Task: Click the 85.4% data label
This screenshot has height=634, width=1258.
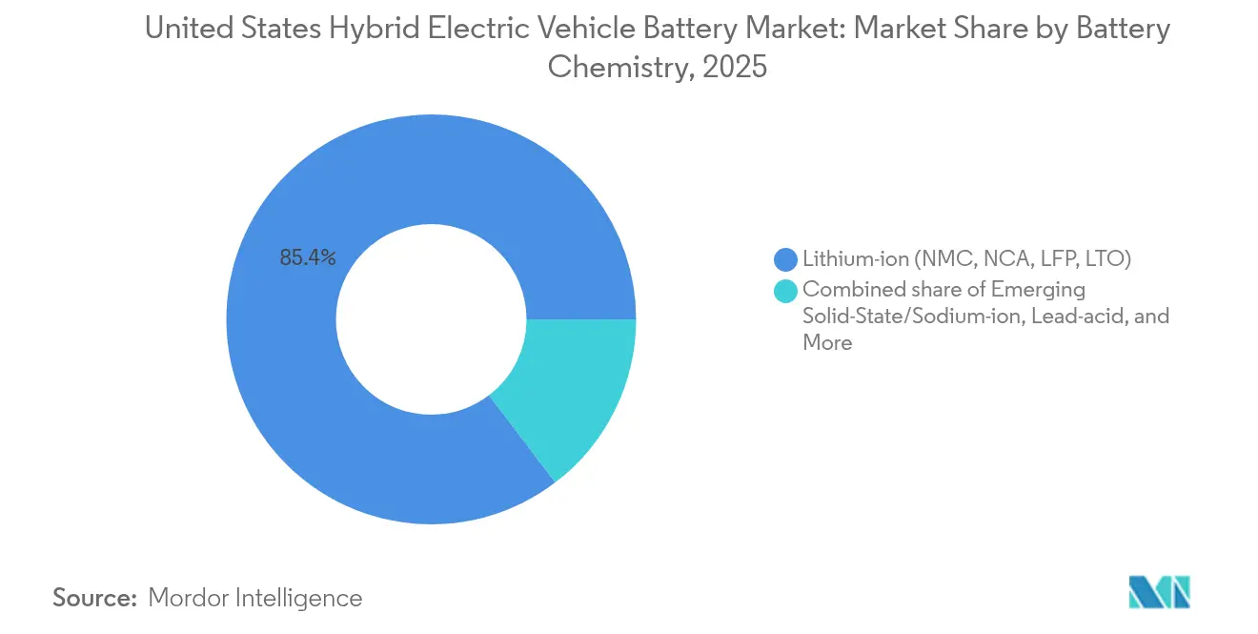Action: click(307, 257)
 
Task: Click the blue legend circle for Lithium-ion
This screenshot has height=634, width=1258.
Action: click(786, 258)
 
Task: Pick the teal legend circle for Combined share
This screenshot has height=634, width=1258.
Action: click(786, 290)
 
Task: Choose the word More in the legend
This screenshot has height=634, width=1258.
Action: click(827, 342)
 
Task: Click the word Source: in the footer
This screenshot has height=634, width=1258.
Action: click(95, 598)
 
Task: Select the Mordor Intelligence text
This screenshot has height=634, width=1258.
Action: click(255, 598)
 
